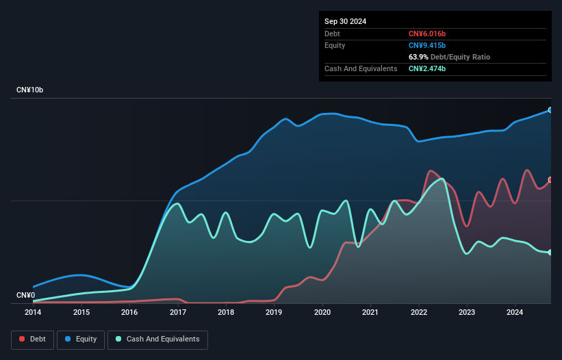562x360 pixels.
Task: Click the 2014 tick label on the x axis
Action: [x=33, y=313]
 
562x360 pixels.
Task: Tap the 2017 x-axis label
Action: [x=178, y=313]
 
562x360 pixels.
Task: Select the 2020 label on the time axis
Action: [x=322, y=313]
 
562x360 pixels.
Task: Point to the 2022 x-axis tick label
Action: [x=419, y=313]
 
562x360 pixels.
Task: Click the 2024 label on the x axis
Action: [x=515, y=313]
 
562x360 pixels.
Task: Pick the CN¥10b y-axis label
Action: [x=30, y=90]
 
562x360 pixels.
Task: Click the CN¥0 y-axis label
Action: [x=25, y=296]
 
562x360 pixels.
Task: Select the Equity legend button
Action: [x=81, y=339]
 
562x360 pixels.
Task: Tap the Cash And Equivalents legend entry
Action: [x=157, y=339]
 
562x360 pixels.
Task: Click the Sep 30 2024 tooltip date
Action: [x=346, y=21]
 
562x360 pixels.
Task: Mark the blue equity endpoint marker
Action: [x=550, y=110]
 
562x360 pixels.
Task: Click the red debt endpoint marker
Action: [x=550, y=180]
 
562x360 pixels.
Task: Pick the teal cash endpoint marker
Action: [x=550, y=253]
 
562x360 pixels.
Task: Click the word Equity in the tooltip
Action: [x=335, y=45]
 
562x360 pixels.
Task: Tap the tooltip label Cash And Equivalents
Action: [x=361, y=68]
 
